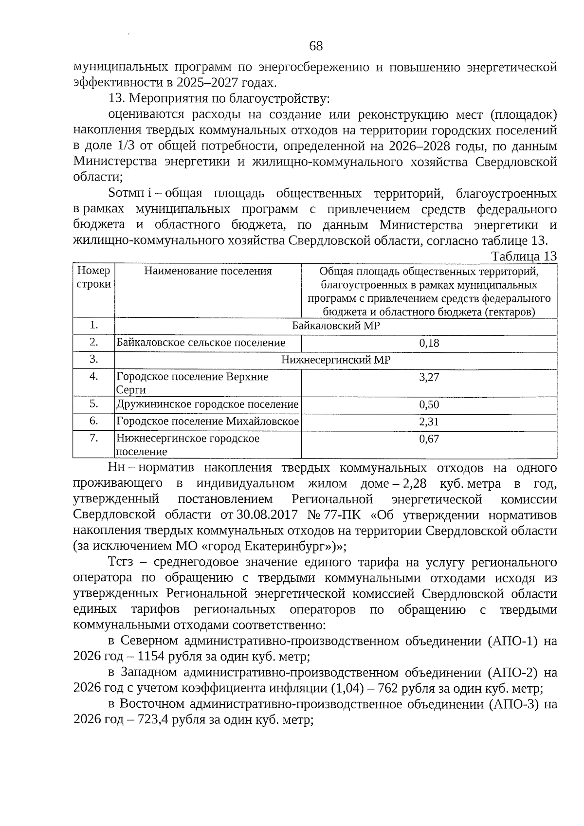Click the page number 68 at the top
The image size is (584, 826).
[x=315, y=46]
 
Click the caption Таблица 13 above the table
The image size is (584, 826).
[x=524, y=256]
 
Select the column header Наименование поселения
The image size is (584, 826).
[x=208, y=271]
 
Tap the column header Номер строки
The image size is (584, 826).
[x=93, y=277]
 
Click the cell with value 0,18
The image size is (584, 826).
[x=429, y=343]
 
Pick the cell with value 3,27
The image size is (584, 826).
[x=429, y=377]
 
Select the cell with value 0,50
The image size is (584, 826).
[x=429, y=405]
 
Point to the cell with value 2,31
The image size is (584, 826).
[x=429, y=422]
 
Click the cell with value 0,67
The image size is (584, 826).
[x=429, y=439]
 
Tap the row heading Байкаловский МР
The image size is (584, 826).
[x=336, y=326]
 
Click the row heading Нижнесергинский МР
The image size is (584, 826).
[x=336, y=360]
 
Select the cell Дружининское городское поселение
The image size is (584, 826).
[x=207, y=404]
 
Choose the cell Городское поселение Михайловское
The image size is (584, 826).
[x=207, y=422]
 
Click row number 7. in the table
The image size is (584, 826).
[x=93, y=438]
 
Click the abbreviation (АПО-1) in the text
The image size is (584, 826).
[x=512, y=641]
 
